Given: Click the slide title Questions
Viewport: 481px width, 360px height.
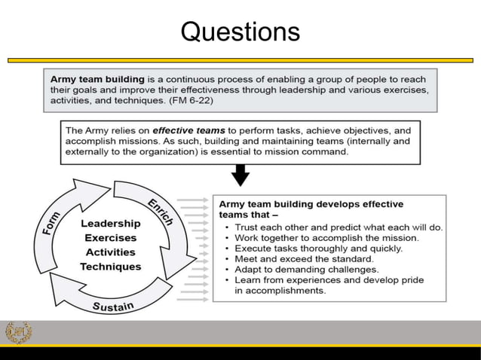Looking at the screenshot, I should pos(240,32).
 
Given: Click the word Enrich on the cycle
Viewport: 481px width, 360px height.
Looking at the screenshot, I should pos(160,209).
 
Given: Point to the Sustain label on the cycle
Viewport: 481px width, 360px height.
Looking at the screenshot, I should pos(114,306).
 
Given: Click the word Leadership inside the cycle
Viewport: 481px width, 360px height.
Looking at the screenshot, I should pos(110,224).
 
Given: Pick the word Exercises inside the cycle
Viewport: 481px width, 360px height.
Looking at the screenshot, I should pos(110,238).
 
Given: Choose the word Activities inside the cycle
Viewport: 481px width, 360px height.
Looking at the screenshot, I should pos(110,252).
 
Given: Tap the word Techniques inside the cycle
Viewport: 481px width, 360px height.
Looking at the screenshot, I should pos(110,267).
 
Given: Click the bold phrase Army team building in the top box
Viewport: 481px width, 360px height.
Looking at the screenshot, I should pos(99,79).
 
